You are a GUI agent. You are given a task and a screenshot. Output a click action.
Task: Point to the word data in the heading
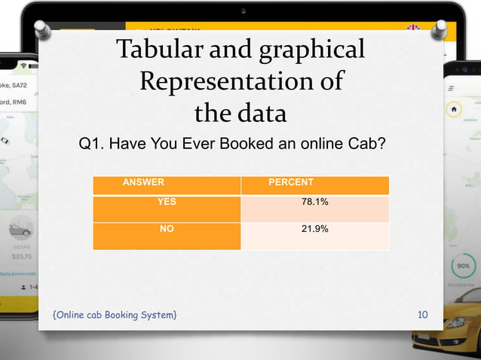coord(261,114)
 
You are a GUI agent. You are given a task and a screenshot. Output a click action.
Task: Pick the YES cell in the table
coord(167,202)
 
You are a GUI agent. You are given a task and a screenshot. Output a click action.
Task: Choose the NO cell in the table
coord(167,228)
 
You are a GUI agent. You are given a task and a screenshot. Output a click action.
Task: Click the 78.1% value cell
coord(314,202)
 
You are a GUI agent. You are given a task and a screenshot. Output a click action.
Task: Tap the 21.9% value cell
coord(314,228)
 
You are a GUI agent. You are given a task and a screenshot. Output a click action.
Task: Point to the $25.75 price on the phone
coord(20,257)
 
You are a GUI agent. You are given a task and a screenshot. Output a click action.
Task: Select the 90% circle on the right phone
coord(462,267)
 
